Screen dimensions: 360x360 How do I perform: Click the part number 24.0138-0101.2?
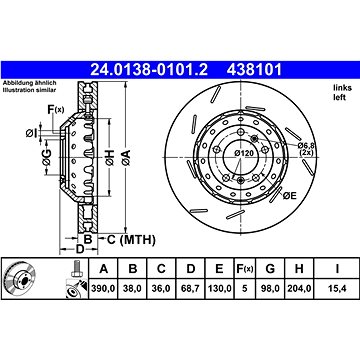click(149, 70)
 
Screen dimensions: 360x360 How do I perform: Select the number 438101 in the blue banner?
click(254, 70)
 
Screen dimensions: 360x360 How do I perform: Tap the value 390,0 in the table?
click(104, 288)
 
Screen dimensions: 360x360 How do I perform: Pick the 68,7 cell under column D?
click(191, 288)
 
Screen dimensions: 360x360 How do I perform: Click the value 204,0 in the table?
click(299, 288)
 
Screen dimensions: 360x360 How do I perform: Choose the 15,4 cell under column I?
click(337, 288)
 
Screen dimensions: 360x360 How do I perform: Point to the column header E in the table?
click(219, 268)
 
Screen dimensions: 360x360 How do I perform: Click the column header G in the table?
click(270, 268)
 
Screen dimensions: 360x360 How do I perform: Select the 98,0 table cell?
click(270, 288)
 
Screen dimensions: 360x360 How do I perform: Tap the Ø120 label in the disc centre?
click(244, 153)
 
